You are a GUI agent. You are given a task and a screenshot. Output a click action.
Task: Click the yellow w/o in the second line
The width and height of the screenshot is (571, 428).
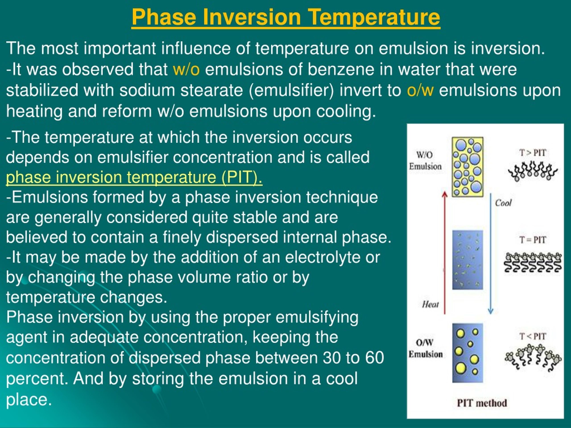[x=186, y=69]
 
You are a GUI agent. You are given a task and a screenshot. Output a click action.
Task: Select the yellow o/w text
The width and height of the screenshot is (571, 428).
[x=420, y=90]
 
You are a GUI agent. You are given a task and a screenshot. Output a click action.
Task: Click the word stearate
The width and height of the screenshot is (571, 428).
[x=211, y=90]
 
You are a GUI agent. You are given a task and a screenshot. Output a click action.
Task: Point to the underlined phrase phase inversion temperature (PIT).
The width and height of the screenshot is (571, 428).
[x=134, y=177]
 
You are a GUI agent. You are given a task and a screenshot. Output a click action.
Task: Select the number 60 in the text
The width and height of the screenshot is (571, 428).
[x=374, y=358]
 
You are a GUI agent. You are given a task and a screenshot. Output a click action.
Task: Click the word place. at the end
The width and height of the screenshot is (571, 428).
[x=29, y=399]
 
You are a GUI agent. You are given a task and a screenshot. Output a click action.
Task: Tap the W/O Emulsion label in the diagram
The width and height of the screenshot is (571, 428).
[x=425, y=160]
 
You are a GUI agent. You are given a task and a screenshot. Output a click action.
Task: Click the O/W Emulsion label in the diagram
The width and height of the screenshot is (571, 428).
[x=425, y=348]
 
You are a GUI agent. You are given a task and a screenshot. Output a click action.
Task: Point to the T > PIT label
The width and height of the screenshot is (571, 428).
[x=533, y=153]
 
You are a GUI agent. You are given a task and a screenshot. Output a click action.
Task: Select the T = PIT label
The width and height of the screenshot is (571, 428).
[x=533, y=240]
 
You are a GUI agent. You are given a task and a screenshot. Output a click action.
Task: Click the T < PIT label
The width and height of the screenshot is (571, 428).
[x=533, y=336]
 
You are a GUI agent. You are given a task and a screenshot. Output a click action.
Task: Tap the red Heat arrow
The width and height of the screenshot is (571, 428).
[x=445, y=253]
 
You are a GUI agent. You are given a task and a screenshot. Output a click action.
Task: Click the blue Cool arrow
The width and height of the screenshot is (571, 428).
[x=491, y=253]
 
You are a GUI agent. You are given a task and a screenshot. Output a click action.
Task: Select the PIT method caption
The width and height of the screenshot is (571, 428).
[x=482, y=403]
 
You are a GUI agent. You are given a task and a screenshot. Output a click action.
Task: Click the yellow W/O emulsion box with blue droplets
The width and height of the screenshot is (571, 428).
[x=468, y=167]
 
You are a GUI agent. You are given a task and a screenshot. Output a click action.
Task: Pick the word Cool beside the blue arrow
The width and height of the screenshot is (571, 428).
[x=503, y=203]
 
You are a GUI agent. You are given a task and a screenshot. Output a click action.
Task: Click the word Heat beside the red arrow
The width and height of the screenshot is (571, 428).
[x=430, y=305]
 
